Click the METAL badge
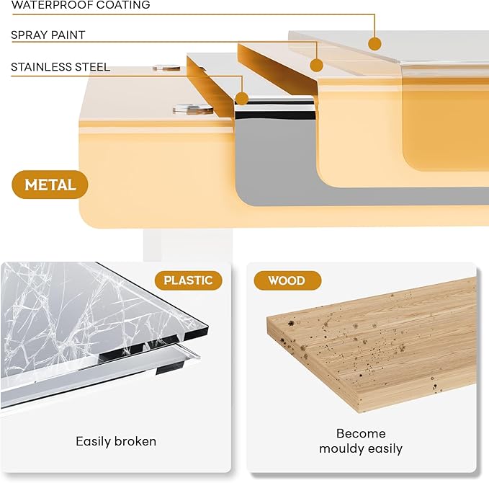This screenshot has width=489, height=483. (50, 185)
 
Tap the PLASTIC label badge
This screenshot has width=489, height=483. (189, 280)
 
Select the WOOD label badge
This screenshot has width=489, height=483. (287, 280)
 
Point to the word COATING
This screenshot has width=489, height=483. (122, 4)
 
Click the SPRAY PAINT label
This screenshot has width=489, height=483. (48, 35)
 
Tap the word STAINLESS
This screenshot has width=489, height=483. (40, 67)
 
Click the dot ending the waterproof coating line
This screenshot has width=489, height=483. (374, 43)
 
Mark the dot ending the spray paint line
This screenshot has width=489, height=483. (317, 66)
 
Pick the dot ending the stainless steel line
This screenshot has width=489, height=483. (242, 99)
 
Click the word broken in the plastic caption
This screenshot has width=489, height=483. (135, 441)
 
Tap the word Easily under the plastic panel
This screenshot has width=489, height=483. (94, 442)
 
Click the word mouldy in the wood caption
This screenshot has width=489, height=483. (342, 449)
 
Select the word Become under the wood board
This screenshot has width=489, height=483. (361, 433)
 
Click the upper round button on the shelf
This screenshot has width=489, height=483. (166, 68)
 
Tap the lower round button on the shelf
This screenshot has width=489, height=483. (193, 109)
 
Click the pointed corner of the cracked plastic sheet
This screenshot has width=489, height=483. (208, 327)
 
